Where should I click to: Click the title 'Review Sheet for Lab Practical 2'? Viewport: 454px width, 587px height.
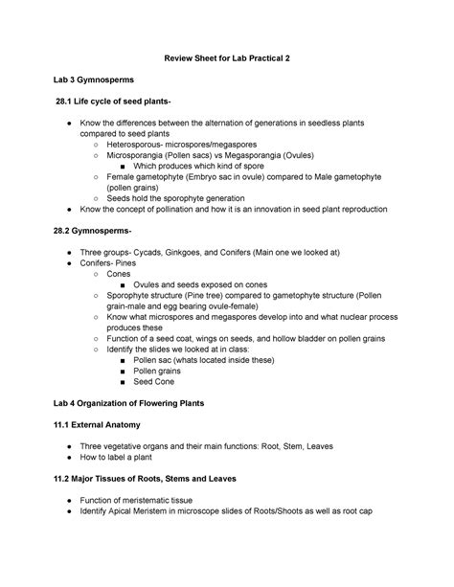(x=226, y=58)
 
